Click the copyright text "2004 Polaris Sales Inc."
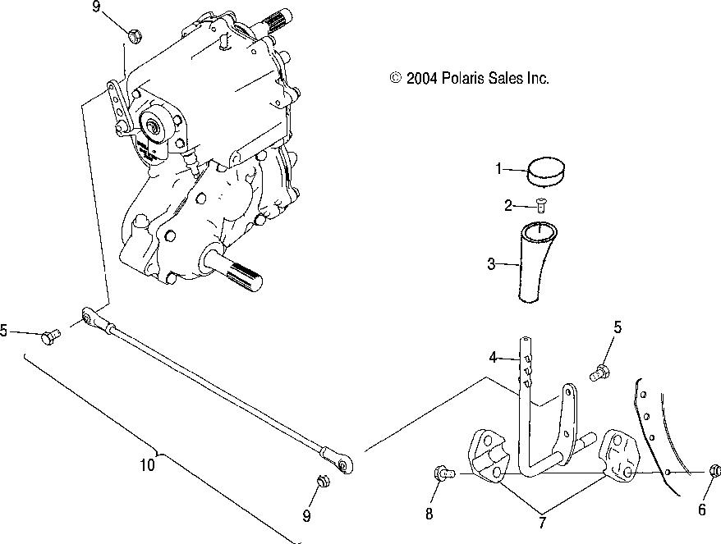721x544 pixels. [x=469, y=79]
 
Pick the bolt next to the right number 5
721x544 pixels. [x=600, y=373]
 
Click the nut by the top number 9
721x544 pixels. [x=135, y=34]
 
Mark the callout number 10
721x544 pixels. [x=146, y=464]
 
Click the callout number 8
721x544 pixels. [x=428, y=514]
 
